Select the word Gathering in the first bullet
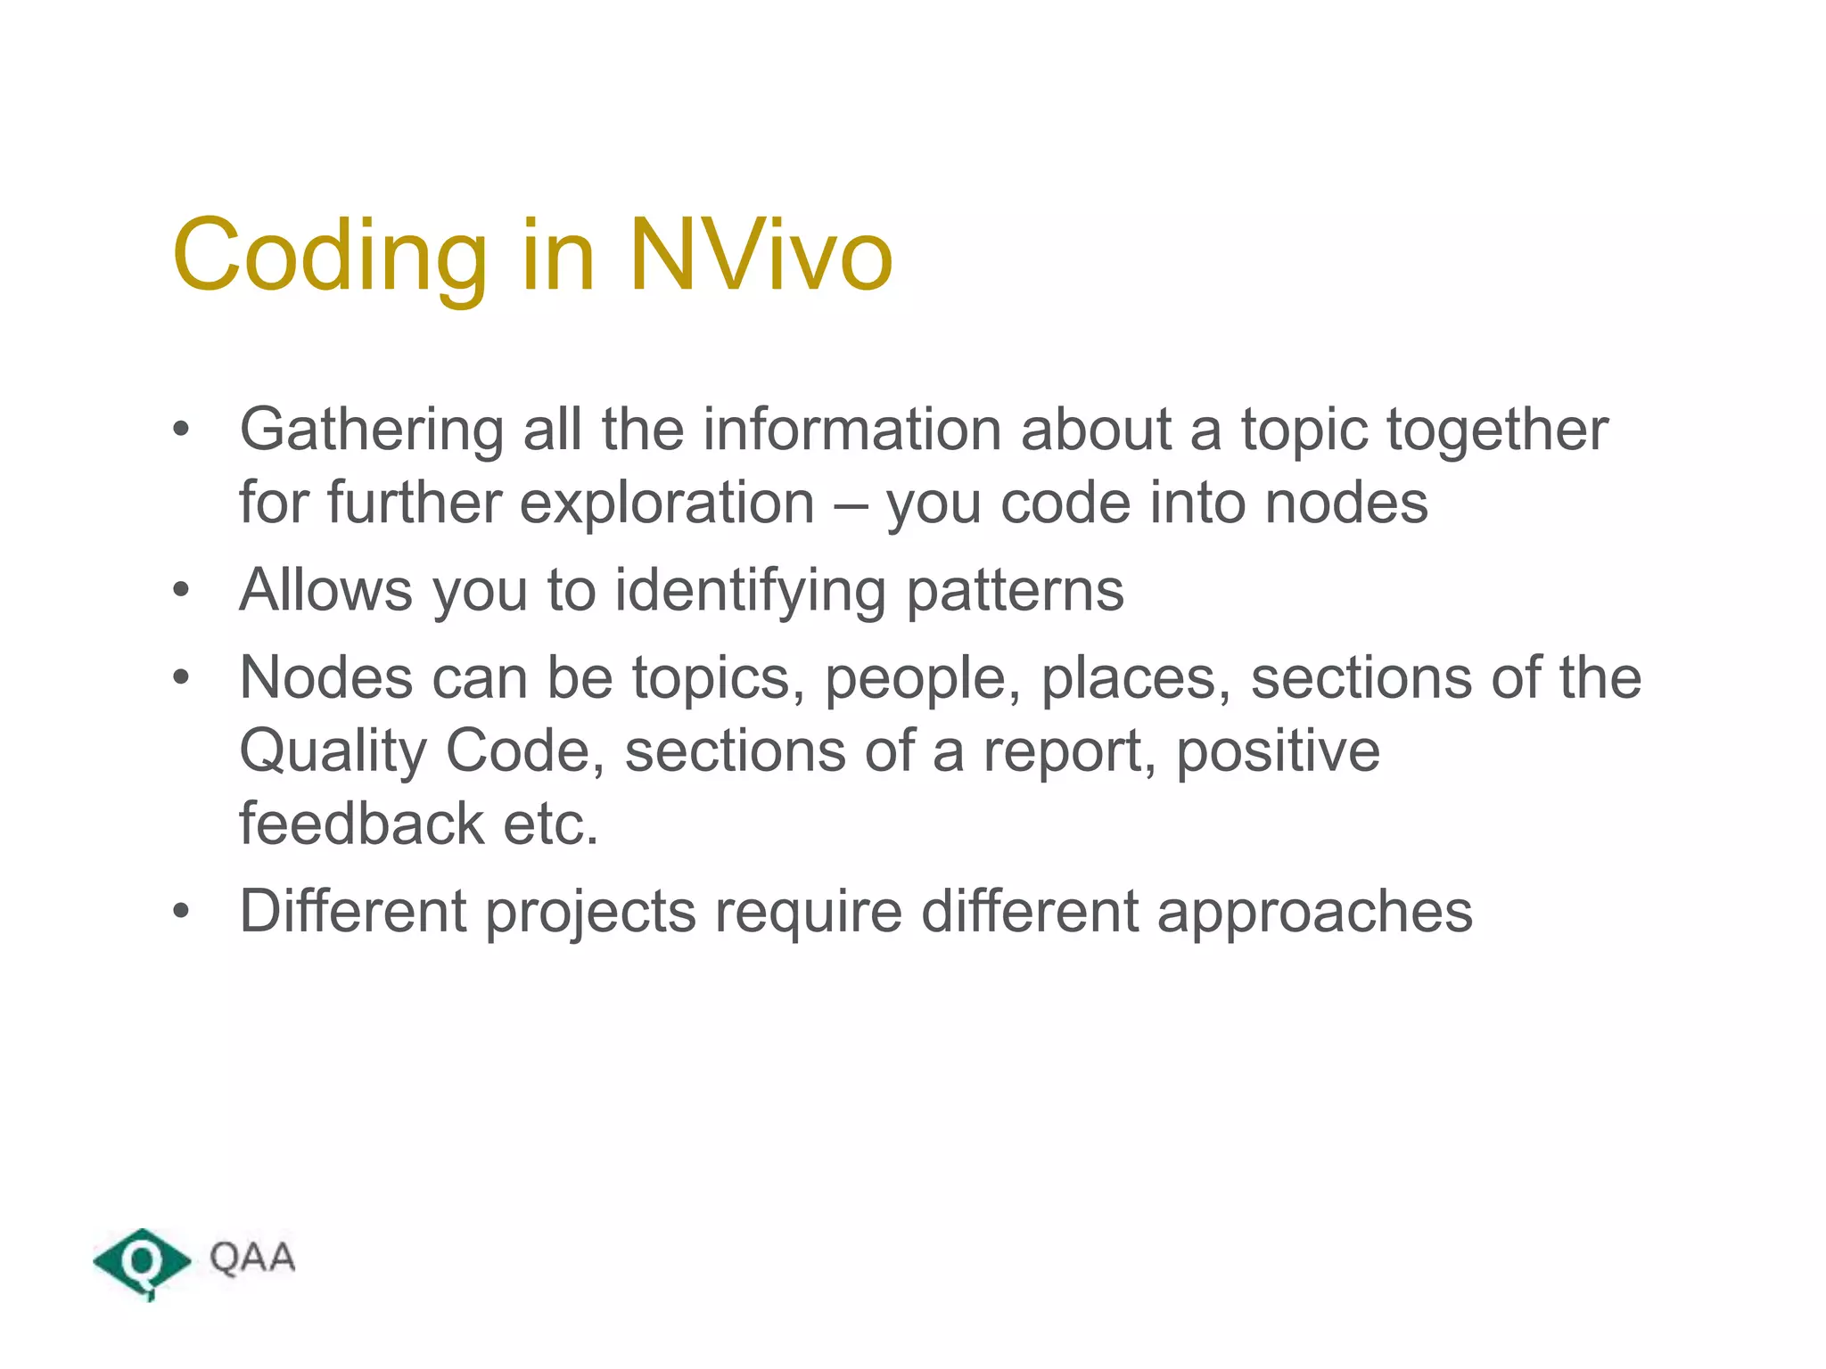371,431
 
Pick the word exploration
667,504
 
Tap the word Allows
326,590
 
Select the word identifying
750,592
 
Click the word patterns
1016,592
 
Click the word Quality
333,751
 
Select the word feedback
361,824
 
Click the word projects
590,913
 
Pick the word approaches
1315,913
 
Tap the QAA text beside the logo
252,1258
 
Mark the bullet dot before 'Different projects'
182,911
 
